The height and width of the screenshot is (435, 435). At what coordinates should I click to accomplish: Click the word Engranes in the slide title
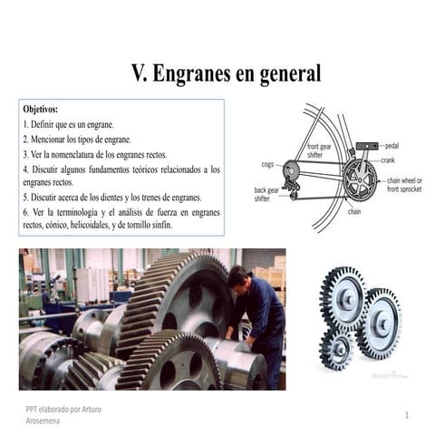click(199, 72)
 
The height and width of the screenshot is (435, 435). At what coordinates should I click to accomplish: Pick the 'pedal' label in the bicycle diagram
click(391, 145)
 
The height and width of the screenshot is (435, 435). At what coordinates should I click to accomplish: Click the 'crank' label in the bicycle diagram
click(388, 159)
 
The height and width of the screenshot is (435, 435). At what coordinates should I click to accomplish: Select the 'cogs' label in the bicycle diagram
click(267, 165)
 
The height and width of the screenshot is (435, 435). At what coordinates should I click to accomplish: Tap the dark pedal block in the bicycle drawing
click(366, 145)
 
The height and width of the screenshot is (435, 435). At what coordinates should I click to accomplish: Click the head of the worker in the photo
click(238, 277)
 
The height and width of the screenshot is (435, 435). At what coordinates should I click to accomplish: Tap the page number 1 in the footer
click(408, 414)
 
